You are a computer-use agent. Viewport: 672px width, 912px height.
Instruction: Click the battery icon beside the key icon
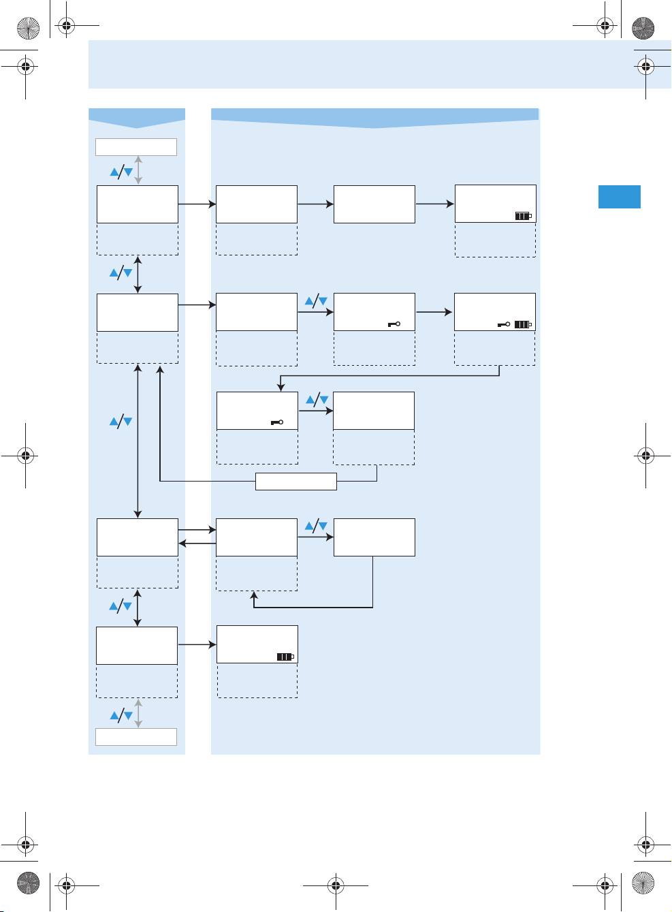point(523,325)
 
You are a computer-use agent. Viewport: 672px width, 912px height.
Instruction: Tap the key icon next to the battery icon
point(504,325)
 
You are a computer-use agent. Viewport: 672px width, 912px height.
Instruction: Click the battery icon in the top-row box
point(523,216)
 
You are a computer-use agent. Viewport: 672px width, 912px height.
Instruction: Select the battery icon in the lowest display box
point(285,657)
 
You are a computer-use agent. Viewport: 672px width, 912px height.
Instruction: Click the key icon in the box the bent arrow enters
point(276,423)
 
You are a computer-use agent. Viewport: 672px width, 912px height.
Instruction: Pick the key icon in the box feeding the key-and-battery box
point(394,324)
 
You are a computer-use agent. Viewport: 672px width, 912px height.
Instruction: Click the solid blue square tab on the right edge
point(620,196)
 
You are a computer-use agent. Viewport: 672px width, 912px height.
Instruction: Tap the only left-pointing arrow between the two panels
point(197,544)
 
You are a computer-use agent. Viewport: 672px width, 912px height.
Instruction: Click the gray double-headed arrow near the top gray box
point(138,170)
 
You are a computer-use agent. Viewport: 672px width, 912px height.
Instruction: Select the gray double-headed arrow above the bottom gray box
point(138,713)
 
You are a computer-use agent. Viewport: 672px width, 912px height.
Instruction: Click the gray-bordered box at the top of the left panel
point(136,147)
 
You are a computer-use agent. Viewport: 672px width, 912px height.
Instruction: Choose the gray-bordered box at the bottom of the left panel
point(136,737)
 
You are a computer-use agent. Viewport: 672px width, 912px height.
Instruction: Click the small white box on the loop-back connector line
point(296,482)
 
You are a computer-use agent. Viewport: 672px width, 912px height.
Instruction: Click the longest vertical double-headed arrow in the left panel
point(138,441)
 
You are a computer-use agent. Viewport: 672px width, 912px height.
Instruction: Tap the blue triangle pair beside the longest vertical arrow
point(121,422)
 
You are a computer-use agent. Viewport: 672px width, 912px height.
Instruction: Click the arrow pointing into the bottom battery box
point(197,644)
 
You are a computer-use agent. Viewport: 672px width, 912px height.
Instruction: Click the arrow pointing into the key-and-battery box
point(434,312)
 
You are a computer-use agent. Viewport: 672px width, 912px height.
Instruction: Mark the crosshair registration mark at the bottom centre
point(335,885)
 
